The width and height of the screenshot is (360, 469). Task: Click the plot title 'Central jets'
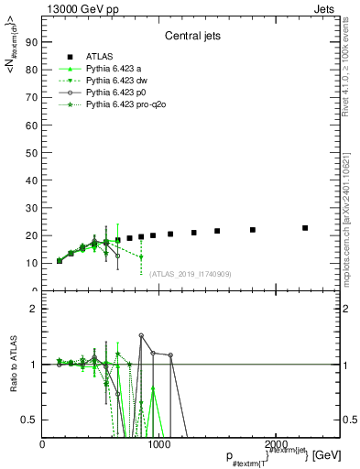(x=190, y=38)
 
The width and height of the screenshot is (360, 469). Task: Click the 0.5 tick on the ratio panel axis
(x=29, y=420)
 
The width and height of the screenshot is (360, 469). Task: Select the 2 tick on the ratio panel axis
(x=34, y=309)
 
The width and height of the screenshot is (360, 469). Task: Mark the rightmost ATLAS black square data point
(x=305, y=228)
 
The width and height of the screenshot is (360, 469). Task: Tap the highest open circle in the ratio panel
(x=141, y=335)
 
